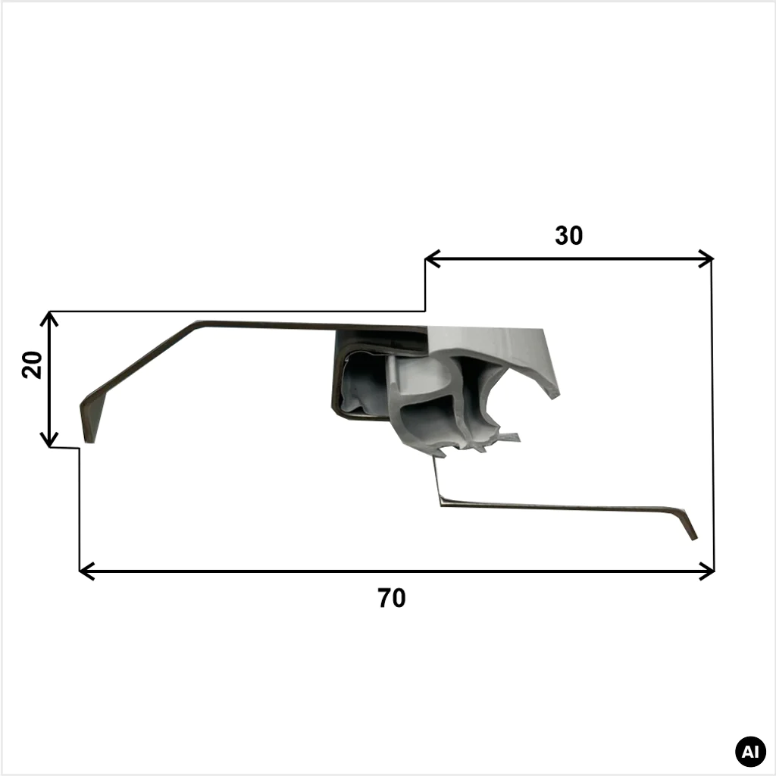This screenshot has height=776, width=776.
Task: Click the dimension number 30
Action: (568, 236)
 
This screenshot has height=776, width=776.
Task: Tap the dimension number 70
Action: (392, 598)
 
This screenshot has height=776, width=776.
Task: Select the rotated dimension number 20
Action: (32, 365)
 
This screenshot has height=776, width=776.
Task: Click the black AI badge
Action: (750, 752)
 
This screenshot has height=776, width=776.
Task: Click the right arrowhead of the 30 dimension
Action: (706, 259)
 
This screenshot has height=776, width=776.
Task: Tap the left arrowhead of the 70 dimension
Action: (86, 571)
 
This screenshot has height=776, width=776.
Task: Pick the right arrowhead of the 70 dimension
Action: (707, 571)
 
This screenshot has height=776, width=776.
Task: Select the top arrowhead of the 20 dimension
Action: (49, 319)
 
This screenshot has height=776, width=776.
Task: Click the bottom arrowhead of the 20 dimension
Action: (49, 440)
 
